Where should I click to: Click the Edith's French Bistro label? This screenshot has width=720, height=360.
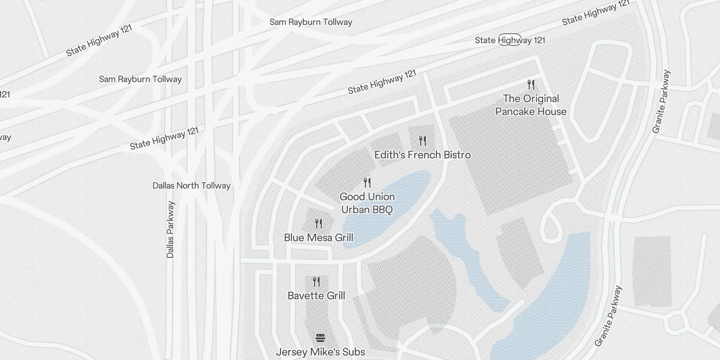coord(423,155)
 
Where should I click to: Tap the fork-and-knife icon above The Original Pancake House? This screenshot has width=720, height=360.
coord(531,84)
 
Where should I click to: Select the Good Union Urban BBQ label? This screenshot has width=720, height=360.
coord(367,203)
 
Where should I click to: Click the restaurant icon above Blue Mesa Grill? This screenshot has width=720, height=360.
coord(319,223)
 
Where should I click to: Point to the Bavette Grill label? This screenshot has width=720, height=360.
coord(316,296)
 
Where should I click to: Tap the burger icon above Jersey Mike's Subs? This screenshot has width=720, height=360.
coord(320,338)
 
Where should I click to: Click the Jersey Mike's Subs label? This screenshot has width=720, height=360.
coord(320,352)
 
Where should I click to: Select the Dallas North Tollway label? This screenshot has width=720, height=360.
coord(191,185)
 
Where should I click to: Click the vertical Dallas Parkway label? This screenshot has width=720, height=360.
coord(170,229)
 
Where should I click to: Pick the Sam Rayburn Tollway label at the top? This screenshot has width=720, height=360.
coord(310,22)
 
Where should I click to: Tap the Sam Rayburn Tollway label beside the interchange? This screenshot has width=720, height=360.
coord(140,79)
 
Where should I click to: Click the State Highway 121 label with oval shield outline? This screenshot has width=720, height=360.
coord(510,40)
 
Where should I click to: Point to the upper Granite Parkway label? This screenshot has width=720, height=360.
coord(661,101)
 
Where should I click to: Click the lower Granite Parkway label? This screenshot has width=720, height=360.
coord(608,316)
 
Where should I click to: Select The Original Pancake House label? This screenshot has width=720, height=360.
coord(531,105)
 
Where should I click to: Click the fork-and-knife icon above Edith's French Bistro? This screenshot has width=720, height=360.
coord(422,141)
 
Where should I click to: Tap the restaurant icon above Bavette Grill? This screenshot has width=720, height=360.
coord(316,282)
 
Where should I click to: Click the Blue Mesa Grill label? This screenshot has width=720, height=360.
coord(319,238)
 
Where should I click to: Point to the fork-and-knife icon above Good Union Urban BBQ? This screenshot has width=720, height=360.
coord(367,182)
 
